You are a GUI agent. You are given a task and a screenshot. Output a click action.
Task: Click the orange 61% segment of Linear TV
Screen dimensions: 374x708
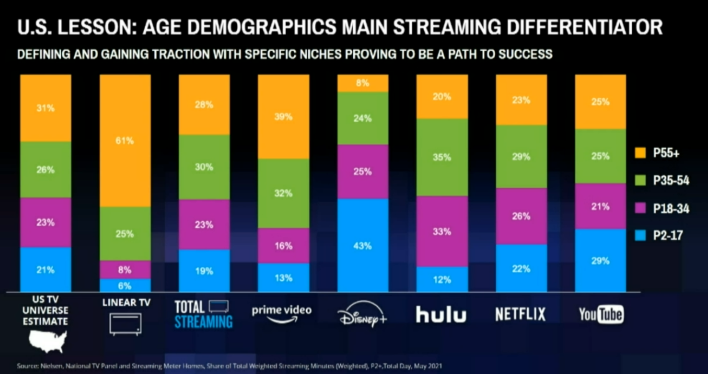point(125,141)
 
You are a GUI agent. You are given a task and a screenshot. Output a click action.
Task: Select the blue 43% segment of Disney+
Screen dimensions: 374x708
point(363,245)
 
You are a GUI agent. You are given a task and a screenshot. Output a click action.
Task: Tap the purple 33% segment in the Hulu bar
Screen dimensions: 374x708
point(442,231)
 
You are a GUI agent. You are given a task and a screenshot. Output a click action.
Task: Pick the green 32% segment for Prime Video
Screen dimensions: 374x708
point(284,193)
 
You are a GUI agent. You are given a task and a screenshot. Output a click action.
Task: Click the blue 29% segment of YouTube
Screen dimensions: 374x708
point(600,260)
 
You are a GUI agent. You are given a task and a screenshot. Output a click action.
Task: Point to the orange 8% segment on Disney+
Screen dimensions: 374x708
point(363,83)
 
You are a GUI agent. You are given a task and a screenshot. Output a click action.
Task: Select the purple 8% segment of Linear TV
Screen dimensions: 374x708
point(125,269)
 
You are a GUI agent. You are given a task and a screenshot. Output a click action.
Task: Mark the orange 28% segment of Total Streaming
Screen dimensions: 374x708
point(204,105)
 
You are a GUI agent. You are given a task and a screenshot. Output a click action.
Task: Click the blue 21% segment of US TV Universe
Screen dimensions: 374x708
point(46,269)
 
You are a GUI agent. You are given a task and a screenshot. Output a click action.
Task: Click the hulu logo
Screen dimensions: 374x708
point(441,314)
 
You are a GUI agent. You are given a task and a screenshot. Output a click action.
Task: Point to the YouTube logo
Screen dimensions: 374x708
point(600,314)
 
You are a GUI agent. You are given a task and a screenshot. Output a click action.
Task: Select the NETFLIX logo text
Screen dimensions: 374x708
point(521,314)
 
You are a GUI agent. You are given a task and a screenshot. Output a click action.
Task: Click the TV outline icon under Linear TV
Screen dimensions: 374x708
point(125,324)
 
